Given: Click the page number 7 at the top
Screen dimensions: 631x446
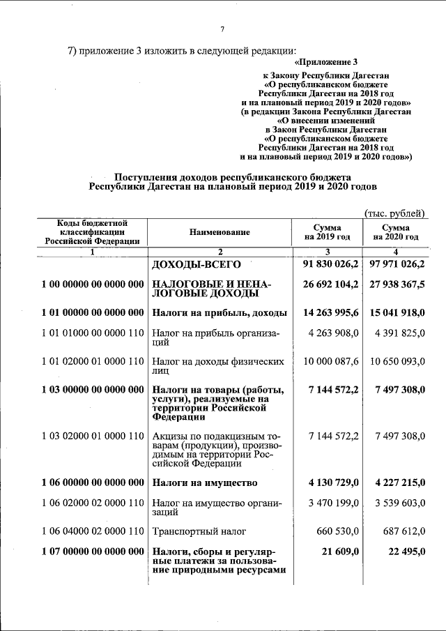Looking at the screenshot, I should [222, 29].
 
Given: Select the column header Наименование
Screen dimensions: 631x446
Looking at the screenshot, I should [219, 232].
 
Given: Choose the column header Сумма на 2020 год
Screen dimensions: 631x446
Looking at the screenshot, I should [396, 232].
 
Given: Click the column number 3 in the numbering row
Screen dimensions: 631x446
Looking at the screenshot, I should [328, 251].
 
